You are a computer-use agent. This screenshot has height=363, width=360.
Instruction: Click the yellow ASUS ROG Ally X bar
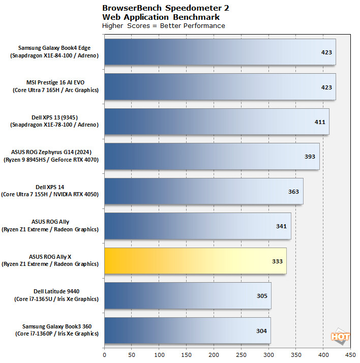pos(195,261)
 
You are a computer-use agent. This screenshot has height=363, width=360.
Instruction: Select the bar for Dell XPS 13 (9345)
pos(217,122)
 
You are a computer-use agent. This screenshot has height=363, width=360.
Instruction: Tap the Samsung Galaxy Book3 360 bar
pos(187,330)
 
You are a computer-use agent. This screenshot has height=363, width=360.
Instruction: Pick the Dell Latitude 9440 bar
pos(188,295)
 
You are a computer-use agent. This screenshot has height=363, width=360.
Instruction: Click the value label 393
pos(310,157)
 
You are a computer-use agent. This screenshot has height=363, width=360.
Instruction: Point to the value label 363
pos(293,191)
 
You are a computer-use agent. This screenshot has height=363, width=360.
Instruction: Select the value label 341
pos(281,226)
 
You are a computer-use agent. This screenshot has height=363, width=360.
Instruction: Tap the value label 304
pos(261,330)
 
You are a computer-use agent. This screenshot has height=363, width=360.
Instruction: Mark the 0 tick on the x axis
pos(104,355)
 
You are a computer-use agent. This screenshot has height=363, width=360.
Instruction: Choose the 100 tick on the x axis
pos(159,355)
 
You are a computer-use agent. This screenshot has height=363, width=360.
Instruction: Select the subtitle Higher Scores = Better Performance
pos(163,26)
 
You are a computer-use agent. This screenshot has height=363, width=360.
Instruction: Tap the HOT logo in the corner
pos(340,337)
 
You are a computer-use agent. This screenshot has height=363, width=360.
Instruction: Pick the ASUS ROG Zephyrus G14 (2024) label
pos(54,156)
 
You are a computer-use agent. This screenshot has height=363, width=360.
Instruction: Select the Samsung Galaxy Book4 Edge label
pos(54,52)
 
